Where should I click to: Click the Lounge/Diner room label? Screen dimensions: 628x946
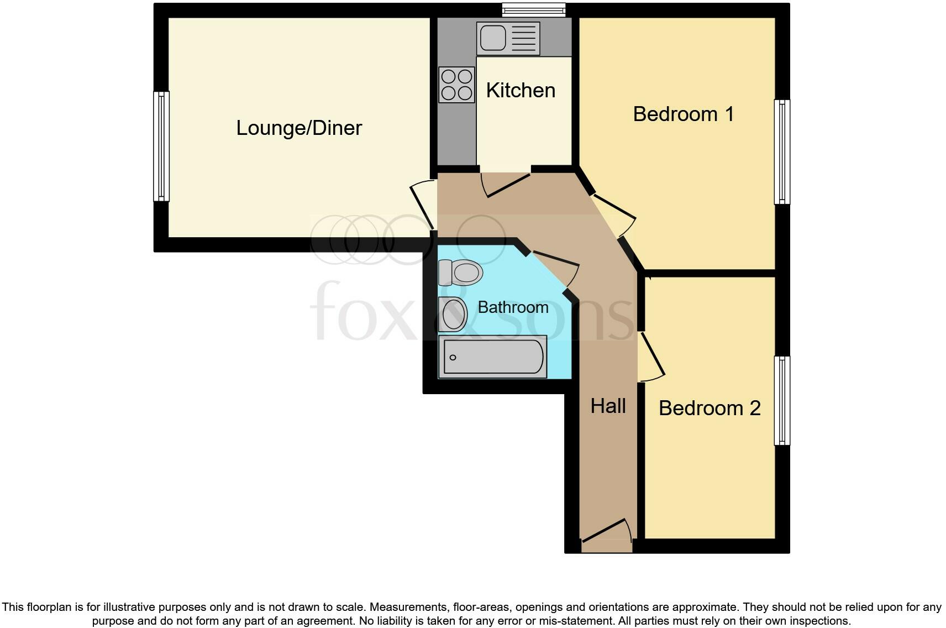299,128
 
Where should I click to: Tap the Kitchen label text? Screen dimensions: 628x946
520,90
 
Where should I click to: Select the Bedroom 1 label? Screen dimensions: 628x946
683,114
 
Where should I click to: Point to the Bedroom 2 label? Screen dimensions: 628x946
709,408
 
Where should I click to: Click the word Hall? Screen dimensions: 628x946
608,406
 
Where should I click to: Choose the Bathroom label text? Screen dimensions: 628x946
513,307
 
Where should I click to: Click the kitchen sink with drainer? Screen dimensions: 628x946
508,38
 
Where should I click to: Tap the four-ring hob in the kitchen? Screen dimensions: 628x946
456,85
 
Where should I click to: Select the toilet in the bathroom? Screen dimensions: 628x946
460,272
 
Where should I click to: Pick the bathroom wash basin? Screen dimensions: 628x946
453,314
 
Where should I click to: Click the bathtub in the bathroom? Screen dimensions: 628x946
492,357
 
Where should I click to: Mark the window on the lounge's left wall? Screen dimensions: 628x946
161,146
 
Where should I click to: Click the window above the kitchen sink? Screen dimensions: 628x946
534,9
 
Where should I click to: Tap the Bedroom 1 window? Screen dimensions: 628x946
782,151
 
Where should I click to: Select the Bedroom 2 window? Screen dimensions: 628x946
782,400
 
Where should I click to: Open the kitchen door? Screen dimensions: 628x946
506,185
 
